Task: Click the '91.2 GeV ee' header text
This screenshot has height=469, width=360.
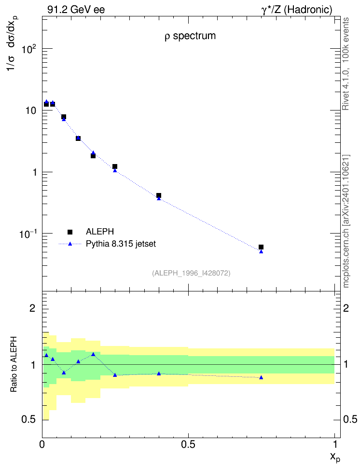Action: coord(76,10)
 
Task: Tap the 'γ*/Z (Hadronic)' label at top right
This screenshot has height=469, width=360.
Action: coord(297,10)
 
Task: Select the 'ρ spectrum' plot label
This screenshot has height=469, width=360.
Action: coord(190,36)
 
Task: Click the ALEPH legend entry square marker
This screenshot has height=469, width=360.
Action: coord(70,232)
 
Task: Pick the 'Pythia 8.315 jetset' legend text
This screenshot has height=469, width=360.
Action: coord(121,244)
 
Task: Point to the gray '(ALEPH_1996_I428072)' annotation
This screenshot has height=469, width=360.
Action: coord(191,273)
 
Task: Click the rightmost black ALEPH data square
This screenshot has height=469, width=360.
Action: coord(261,247)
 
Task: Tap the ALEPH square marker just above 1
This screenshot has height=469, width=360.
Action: coord(115,166)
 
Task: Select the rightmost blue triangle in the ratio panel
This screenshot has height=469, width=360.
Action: coord(261,377)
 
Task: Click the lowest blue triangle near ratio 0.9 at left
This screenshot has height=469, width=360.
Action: coord(64,372)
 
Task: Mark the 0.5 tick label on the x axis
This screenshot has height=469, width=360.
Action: coord(188,444)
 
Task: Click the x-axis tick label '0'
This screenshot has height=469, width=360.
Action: coord(42,444)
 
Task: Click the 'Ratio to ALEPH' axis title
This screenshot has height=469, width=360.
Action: coord(14,364)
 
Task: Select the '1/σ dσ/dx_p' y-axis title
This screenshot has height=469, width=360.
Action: coord(13,44)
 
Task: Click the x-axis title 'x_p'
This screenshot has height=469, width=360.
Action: coord(335,457)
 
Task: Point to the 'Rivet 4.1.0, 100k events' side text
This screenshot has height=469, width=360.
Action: coord(346,64)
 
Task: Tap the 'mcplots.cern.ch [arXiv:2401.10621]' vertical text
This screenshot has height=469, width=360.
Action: coord(346,221)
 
